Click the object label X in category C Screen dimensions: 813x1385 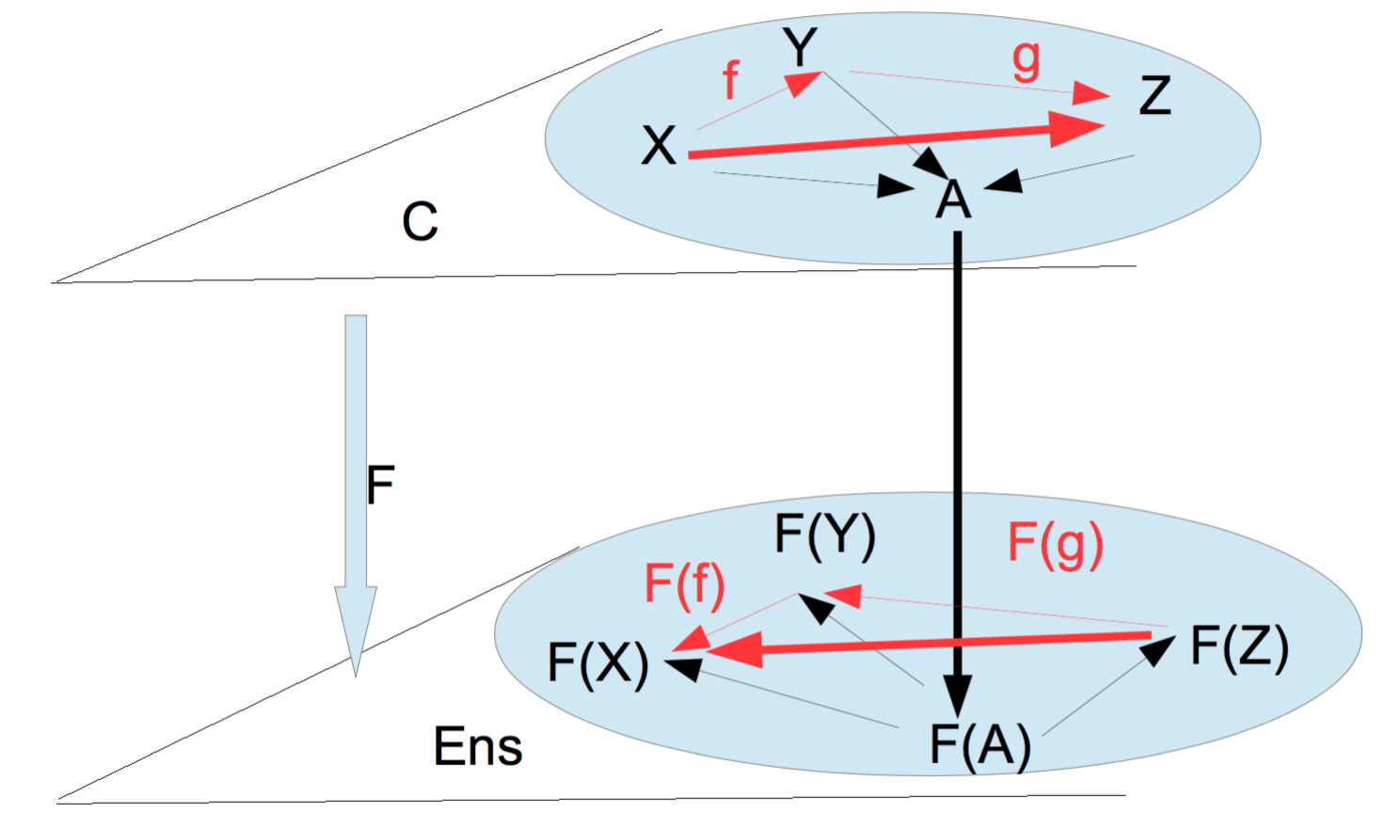point(659,146)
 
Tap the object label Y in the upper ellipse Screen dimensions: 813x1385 point(801,48)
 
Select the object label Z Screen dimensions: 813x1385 point(1155,96)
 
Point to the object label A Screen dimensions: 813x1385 point(953,199)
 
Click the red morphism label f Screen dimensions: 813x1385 point(730,80)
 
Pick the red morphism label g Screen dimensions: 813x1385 point(1027,58)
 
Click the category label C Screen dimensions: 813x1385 point(420,222)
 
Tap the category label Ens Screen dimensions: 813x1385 point(478,747)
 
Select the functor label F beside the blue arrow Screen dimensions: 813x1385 point(380,486)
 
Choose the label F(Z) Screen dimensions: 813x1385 point(1239,646)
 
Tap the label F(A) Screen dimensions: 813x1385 point(980,745)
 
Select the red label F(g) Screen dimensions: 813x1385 point(1056,543)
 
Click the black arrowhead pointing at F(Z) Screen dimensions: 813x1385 point(1160,649)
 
